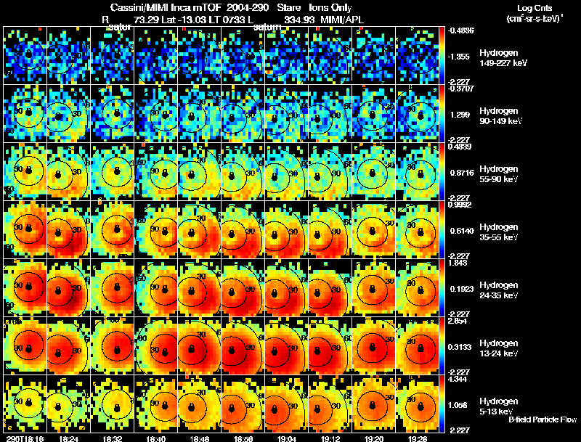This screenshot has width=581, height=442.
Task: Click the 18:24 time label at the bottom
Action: (70, 438)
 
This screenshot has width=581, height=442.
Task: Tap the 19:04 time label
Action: (286, 438)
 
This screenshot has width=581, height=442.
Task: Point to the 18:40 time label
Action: (155, 438)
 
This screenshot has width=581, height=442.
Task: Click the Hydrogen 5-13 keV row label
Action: (495, 405)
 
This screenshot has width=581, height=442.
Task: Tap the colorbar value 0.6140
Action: (460, 229)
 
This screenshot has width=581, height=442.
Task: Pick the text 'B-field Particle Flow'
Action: (541, 420)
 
